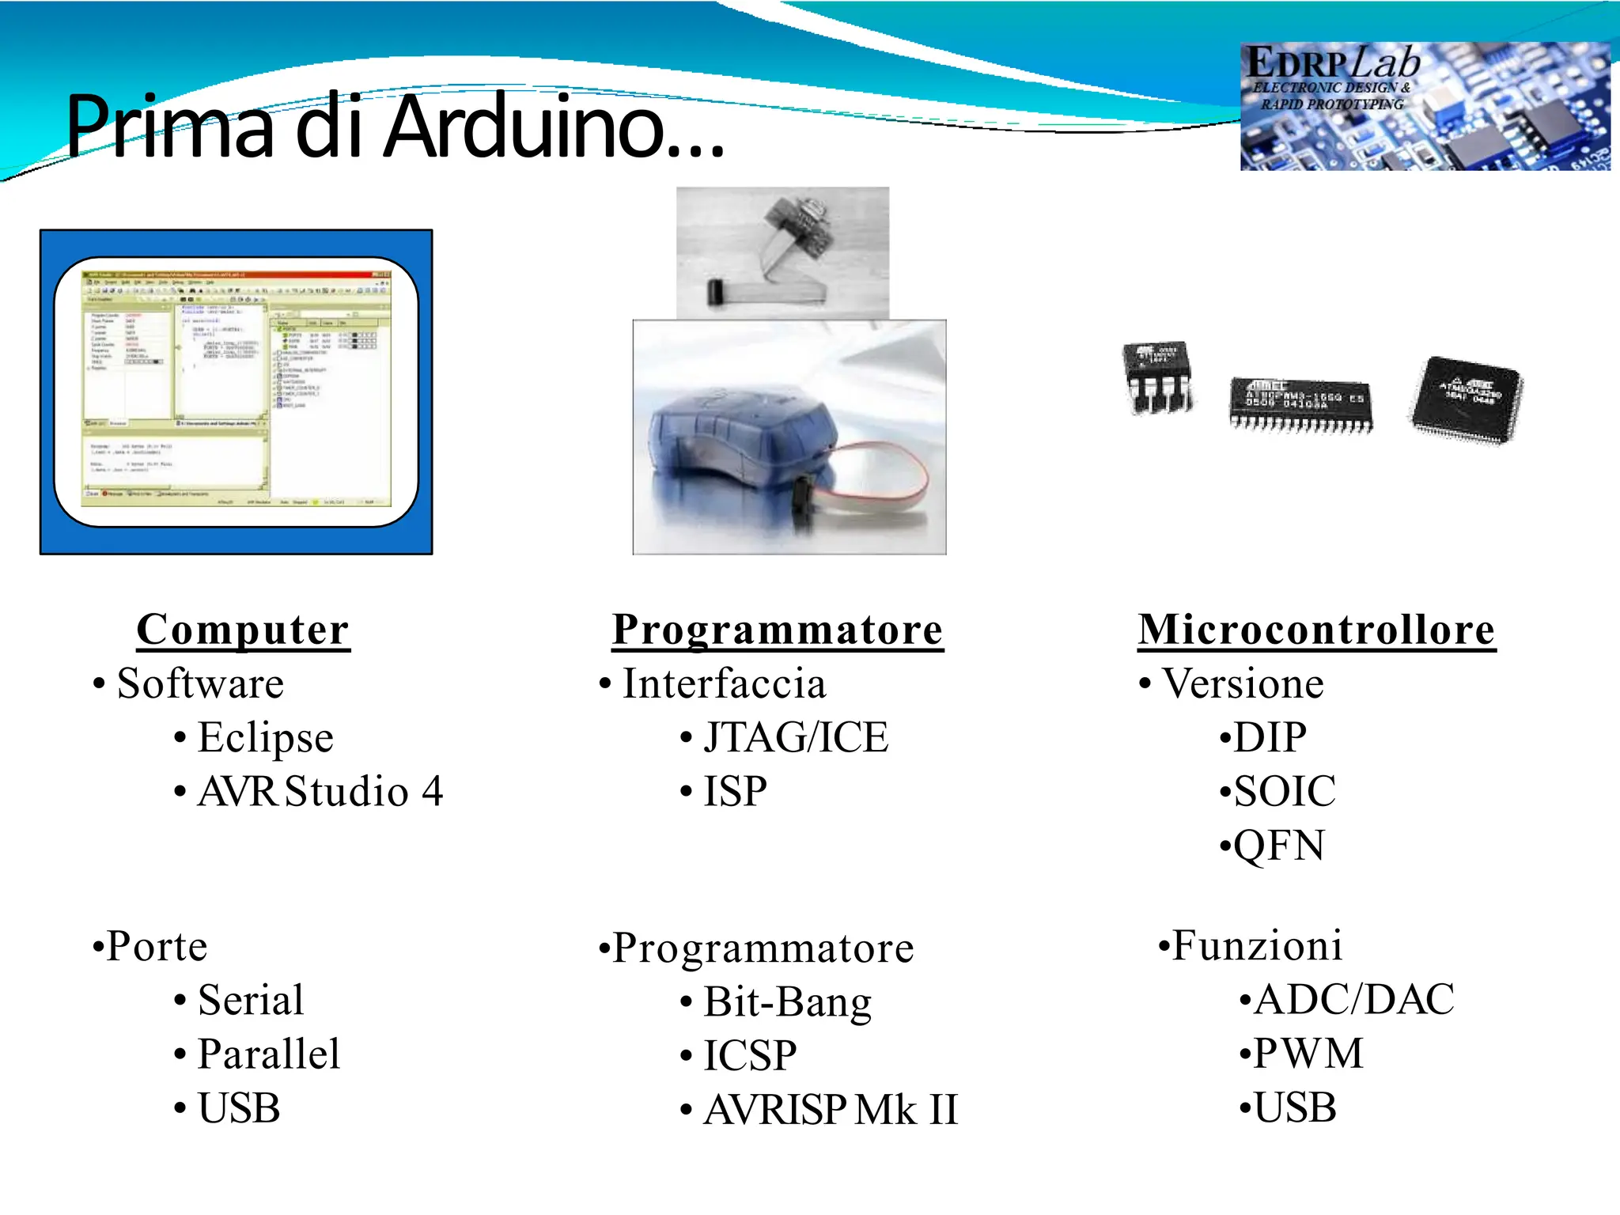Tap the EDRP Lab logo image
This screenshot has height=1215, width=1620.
coord(1424,106)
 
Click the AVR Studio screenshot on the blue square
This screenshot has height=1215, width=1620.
coord(236,392)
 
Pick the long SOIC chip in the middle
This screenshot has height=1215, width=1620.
coord(1300,403)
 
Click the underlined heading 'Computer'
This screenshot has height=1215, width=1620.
coord(243,630)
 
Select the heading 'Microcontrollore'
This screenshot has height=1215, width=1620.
coord(1316,630)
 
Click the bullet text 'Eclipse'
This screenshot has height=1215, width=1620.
coord(265,737)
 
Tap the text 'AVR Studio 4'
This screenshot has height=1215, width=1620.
coord(320,791)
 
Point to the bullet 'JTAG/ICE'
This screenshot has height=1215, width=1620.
coord(795,737)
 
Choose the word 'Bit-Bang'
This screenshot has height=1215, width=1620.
coord(787,1001)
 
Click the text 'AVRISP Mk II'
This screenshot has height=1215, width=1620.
coord(831,1109)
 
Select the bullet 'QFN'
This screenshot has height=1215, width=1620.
coord(1278,845)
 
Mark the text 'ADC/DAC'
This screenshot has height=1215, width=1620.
coord(1353,998)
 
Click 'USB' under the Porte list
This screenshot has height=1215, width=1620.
coord(238,1107)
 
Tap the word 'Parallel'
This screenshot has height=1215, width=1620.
coord(268,1054)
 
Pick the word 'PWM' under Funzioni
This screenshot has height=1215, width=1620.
coord(1308,1053)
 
